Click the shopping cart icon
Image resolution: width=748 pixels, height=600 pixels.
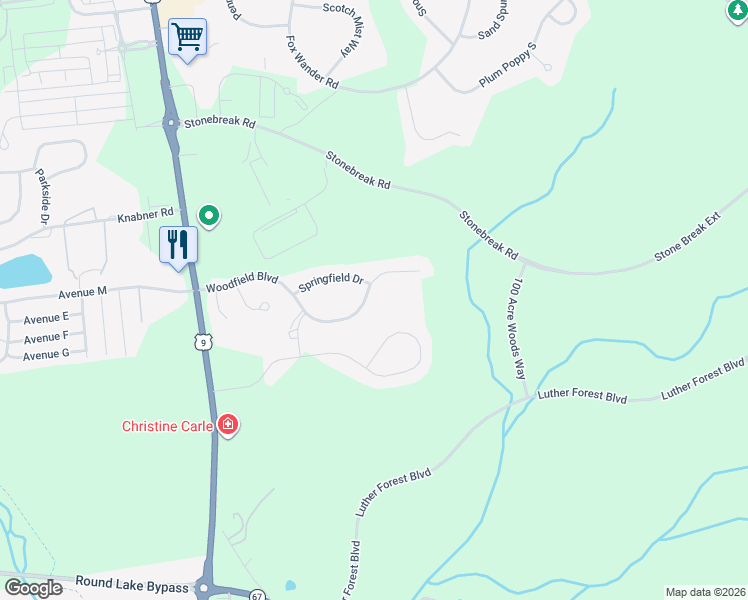coord(187,38)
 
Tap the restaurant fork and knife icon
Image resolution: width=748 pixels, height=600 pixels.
coord(179,244)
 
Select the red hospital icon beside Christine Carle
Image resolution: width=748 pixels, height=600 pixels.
coord(228,426)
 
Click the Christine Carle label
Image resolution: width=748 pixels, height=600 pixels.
coord(167,426)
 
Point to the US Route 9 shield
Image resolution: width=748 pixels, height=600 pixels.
coord(203,343)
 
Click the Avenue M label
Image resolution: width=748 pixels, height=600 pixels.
coord(82,293)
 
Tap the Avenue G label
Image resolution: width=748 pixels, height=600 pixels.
coord(46,354)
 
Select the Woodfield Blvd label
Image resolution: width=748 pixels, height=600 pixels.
coord(240,285)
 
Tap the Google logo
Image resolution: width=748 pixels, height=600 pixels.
coord(32,588)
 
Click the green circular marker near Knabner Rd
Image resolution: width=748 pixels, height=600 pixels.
coord(209,214)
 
